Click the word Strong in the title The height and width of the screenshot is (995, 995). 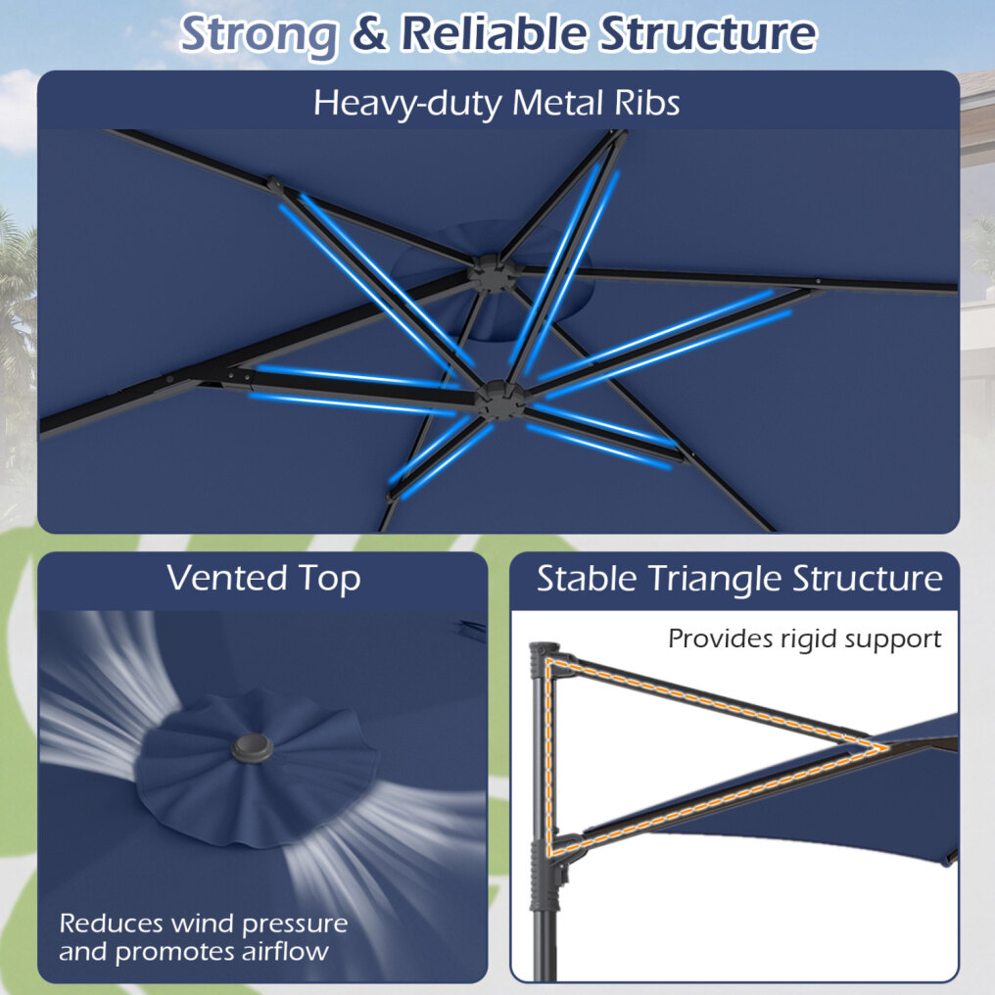[x=259, y=35]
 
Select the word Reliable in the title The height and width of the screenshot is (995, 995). [x=493, y=32]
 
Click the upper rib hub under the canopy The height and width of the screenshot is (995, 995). [x=493, y=273]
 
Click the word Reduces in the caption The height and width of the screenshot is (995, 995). [x=111, y=924]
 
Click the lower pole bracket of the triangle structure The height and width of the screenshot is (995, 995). [x=553, y=854]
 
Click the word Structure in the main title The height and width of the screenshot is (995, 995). [x=708, y=33]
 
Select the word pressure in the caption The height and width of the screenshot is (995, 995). [x=295, y=924]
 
